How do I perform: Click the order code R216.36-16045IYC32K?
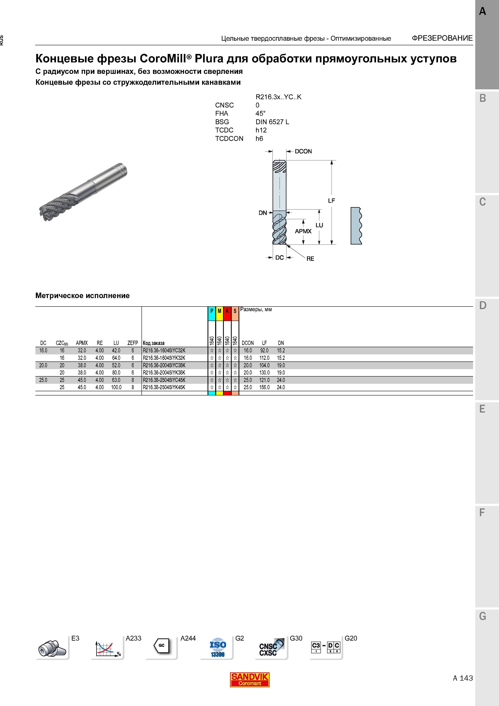(164, 351)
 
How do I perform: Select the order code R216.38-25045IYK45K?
(164, 387)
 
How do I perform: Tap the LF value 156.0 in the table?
(264, 387)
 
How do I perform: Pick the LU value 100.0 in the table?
(116, 387)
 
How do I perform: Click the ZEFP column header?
(133, 343)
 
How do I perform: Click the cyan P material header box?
(212, 314)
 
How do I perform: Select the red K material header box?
(227, 314)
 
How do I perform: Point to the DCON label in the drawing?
(303, 151)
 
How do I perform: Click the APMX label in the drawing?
(303, 231)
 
